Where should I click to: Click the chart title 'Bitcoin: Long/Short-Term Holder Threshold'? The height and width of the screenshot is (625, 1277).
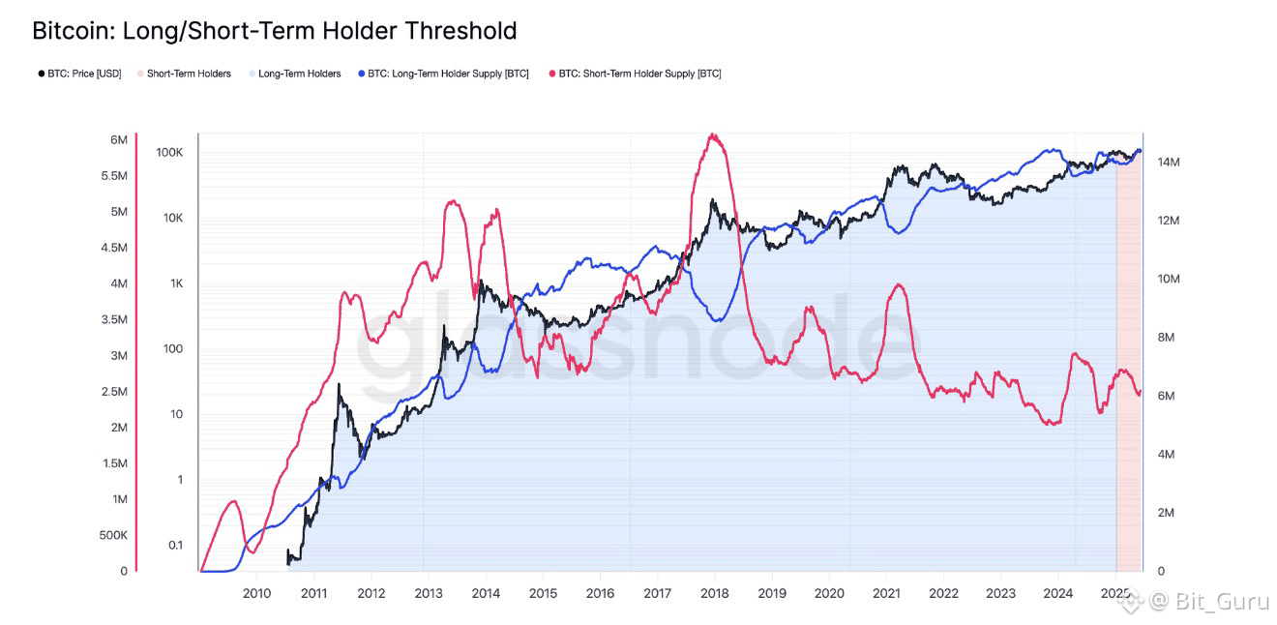point(275,31)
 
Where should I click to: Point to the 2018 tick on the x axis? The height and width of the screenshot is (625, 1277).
point(715,594)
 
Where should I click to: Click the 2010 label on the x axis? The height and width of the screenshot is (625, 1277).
point(256,594)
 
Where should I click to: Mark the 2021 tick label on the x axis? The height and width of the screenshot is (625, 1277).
point(887,594)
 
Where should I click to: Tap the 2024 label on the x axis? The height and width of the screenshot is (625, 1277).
point(1058,594)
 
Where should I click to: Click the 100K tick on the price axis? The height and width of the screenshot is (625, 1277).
point(169,153)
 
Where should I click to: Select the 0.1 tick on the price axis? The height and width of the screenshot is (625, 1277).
point(175,545)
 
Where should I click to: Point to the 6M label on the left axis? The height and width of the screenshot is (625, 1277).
point(119,140)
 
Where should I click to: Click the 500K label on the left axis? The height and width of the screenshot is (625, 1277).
point(113,535)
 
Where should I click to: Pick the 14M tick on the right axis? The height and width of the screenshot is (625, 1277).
point(1168,163)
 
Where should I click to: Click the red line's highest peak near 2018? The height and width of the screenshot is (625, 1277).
point(713,134)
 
